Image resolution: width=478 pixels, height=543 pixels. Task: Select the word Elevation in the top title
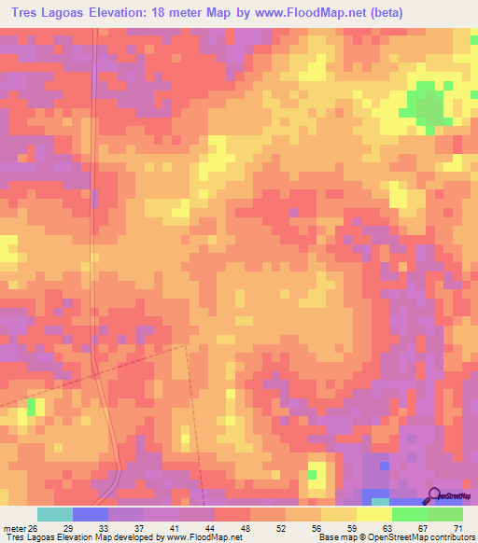[x=133, y=13]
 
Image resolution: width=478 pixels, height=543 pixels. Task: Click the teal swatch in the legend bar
[x=55, y=514]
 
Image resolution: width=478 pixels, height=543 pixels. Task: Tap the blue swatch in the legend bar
[x=91, y=514]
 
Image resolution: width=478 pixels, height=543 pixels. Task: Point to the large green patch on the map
[x=426, y=106]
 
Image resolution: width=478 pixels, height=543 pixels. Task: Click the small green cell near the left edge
[x=33, y=406]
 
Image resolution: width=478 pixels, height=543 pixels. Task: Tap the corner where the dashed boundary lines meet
[x=186, y=346]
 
